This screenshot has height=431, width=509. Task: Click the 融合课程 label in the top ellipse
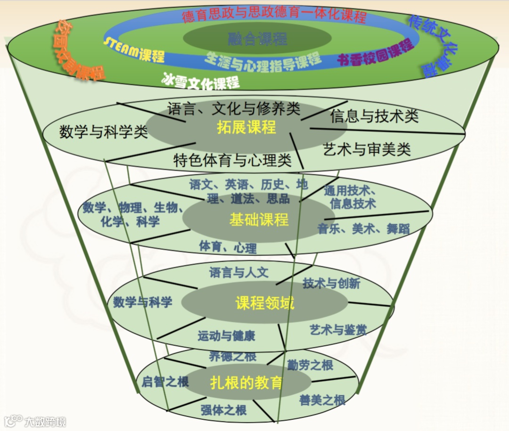click(x=257, y=38)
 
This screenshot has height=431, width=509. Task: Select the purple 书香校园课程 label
click(x=375, y=53)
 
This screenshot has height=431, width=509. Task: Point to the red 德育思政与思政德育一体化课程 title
click(x=274, y=16)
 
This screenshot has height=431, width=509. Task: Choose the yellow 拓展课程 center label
click(x=246, y=127)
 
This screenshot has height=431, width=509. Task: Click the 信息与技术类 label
click(x=374, y=116)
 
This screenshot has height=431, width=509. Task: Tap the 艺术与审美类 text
click(x=367, y=150)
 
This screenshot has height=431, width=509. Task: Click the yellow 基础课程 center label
click(x=259, y=220)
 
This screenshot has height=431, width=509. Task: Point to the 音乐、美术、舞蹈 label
click(x=363, y=229)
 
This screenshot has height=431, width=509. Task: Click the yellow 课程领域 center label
click(x=264, y=303)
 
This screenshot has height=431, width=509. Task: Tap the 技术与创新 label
click(x=331, y=283)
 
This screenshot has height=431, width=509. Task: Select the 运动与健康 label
click(x=226, y=336)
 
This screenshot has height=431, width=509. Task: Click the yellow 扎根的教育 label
click(x=246, y=382)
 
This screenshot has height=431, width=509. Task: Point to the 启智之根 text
click(x=165, y=381)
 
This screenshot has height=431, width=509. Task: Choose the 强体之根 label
click(x=223, y=410)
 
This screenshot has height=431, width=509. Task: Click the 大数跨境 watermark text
click(x=46, y=421)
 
